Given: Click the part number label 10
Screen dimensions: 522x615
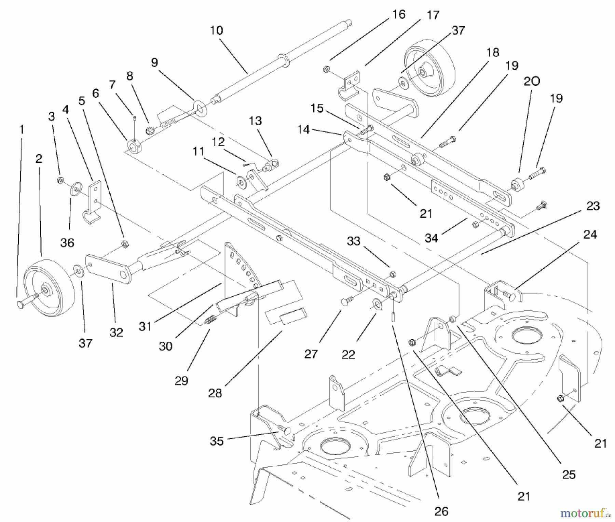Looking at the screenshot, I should click(x=216, y=31).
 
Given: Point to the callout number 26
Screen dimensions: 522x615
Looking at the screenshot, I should click(x=441, y=511).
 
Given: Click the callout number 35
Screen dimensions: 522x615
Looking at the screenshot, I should click(x=217, y=441).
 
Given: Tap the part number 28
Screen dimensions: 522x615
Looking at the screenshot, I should click(x=215, y=393).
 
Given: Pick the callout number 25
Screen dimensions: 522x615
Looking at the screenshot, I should click(x=569, y=475).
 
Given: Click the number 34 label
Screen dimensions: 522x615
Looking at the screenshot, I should click(x=431, y=238).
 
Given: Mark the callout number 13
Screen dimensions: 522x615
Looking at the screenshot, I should click(x=255, y=121).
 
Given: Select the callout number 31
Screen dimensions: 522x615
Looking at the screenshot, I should click(x=145, y=326).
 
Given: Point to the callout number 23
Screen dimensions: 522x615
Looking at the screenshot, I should click(x=593, y=206).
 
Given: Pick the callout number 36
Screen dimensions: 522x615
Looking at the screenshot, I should click(x=67, y=243).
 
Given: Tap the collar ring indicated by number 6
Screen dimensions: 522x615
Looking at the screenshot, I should click(x=133, y=145).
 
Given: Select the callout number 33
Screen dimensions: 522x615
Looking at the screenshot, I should click(x=354, y=241).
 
